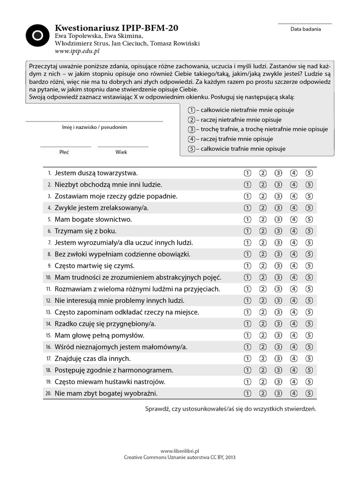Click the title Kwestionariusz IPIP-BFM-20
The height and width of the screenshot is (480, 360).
point(117,28)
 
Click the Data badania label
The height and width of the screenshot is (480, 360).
point(306,29)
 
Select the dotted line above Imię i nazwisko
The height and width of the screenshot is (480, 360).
point(94,121)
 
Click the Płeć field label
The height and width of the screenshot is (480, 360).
point(64,152)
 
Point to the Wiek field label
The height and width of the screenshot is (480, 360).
point(121,152)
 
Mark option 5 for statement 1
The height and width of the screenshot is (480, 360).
point(309,173)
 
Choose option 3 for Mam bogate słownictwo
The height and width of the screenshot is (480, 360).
point(278,219)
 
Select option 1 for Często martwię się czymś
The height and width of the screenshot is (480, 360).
point(247,266)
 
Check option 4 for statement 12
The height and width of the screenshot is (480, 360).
point(294,300)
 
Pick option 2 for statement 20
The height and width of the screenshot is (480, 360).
point(263,393)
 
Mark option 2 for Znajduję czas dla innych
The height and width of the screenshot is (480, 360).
point(263,359)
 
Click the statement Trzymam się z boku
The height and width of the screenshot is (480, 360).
point(85,231)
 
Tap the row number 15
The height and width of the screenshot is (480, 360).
point(48,336)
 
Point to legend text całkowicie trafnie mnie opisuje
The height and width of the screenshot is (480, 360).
point(243,149)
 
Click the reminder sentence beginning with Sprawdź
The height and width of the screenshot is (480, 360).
point(231,409)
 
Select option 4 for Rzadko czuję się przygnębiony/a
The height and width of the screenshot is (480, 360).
point(294,324)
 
